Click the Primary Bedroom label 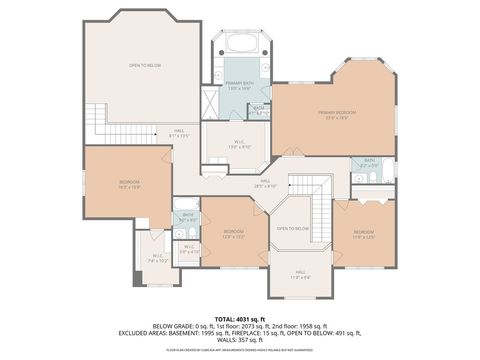338,114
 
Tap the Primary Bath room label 238,86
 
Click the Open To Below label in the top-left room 145,65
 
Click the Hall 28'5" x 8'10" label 264,184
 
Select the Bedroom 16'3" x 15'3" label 129,183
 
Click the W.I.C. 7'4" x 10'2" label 158,258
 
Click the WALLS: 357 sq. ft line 239,339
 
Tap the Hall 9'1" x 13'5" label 179,133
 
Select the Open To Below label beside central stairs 293,228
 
